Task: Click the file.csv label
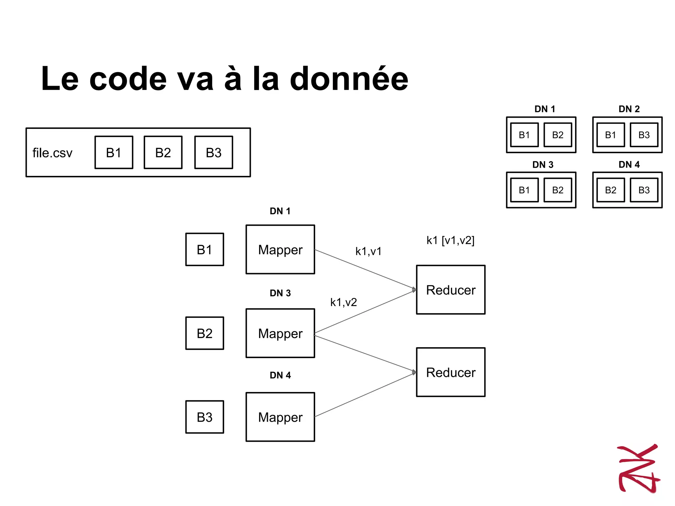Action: pyautogui.click(x=52, y=153)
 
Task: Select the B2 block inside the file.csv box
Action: pyautogui.click(x=163, y=153)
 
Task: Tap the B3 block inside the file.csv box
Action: pyautogui.click(x=214, y=153)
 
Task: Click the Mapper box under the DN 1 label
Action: pyautogui.click(x=280, y=249)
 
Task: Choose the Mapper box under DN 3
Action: pyautogui.click(x=280, y=333)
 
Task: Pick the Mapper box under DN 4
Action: pyautogui.click(x=280, y=417)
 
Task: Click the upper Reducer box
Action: pyautogui.click(x=451, y=290)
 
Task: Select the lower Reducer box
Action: pyautogui.click(x=451, y=372)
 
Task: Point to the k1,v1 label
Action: pyautogui.click(x=368, y=251)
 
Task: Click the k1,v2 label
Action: pyautogui.click(x=343, y=302)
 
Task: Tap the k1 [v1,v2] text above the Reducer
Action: pyautogui.click(x=450, y=240)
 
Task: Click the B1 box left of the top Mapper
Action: pyautogui.click(x=205, y=249)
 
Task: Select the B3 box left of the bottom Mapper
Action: pyautogui.click(x=205, y=417)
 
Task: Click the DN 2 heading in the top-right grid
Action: pyautogui.click(x=629, y=109)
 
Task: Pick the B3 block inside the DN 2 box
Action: pyautogui.click(x=644, y=135)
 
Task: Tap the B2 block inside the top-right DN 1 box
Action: pyautogui.click(x=558, y=135)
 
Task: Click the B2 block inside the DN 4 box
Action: pyautogui.click(x=610, y=190)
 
